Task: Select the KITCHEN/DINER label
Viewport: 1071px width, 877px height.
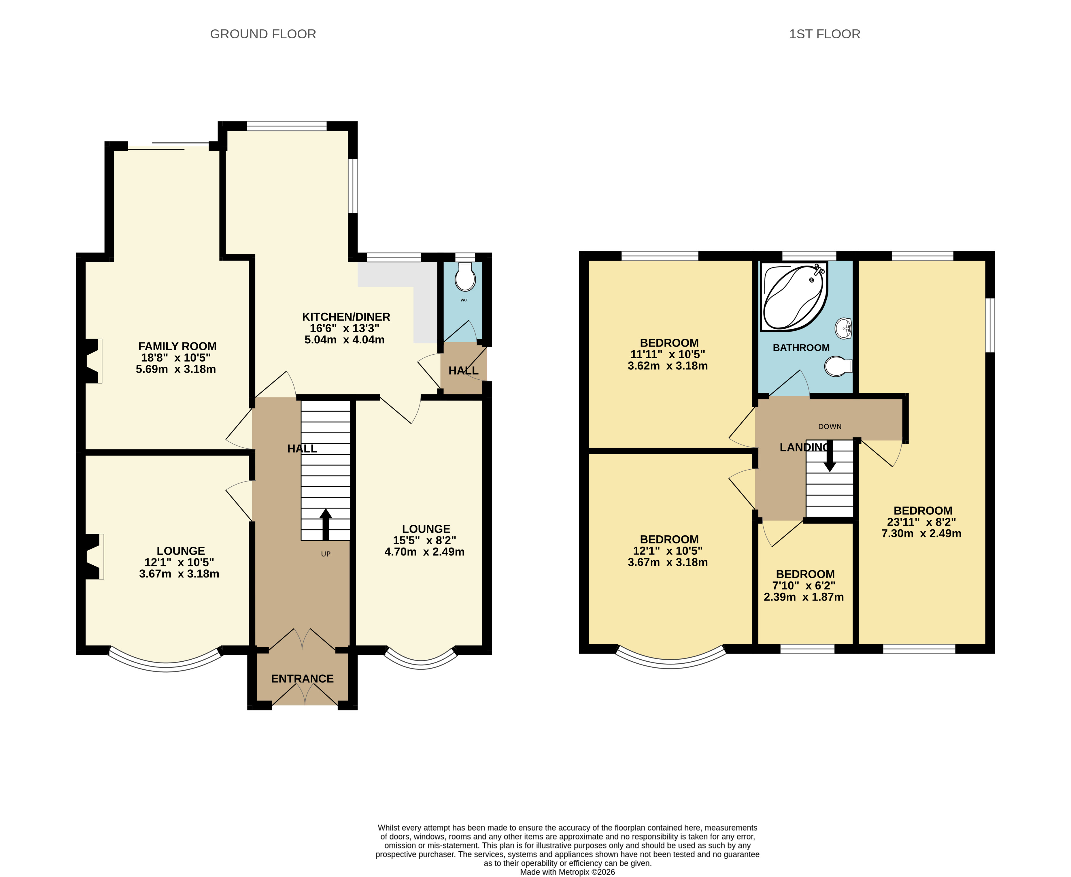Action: click(346, 317)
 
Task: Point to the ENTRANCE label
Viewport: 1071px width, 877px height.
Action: click(303, 678)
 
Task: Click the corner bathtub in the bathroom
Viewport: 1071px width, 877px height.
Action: click(794, 297)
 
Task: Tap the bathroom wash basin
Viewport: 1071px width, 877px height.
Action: click(843, 328)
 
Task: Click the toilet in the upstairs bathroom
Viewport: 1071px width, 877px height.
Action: click(838, 366)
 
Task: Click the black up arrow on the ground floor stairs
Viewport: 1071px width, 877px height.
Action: click(326, 524)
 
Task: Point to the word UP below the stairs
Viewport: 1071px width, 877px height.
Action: click(326, 554)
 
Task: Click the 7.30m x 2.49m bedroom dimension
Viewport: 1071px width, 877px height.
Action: click(921, 533)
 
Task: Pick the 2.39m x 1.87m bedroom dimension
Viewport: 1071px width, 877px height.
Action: click(804, 597)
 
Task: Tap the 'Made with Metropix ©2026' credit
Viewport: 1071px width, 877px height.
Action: click(568, 872)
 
